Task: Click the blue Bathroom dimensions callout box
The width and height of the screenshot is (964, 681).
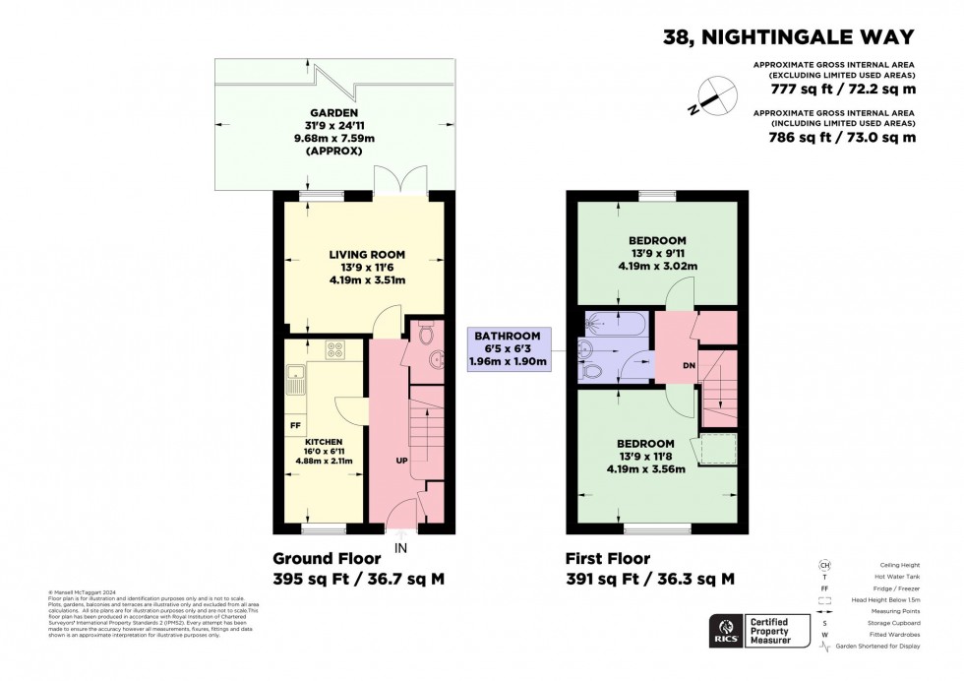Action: tap(511, 349)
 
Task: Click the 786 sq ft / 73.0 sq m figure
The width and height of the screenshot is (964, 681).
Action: tap(842, 139)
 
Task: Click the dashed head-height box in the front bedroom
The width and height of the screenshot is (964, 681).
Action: tap(719, 449)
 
